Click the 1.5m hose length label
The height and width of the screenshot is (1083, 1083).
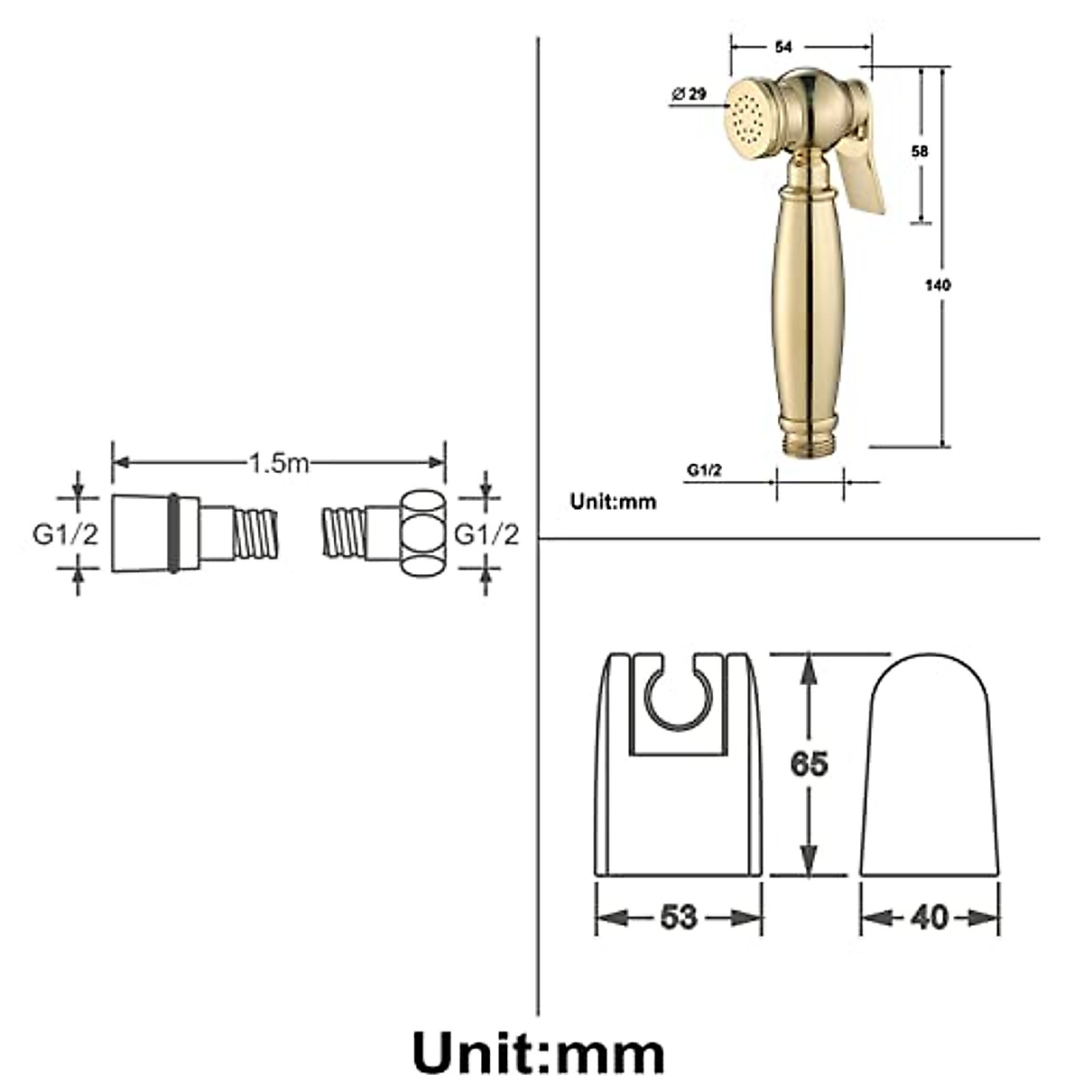[x=279, y=463]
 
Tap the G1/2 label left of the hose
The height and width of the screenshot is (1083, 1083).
[x=65, y=534]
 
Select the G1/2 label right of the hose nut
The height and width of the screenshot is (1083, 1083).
[x=486, y=534]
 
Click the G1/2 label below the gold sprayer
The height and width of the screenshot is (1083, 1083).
[x=703, y=469]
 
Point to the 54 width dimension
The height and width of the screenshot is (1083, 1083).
[x=784, y=46]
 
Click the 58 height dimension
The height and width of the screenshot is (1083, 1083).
[x=920, y=152]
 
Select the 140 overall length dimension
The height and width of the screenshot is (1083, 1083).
[x=938, y=285]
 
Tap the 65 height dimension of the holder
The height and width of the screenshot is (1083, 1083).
[x=809, y=764]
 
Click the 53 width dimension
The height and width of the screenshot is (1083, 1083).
[x=679, y=918]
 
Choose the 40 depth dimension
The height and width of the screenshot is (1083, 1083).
[x=930, y=918]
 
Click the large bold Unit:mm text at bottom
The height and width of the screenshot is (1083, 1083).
[x=539, y=1052]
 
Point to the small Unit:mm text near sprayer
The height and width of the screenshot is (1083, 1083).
[x=613, y=502]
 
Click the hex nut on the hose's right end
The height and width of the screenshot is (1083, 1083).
[x=422, y=534]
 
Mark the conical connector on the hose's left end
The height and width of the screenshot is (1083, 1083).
[x=141, y=533]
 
